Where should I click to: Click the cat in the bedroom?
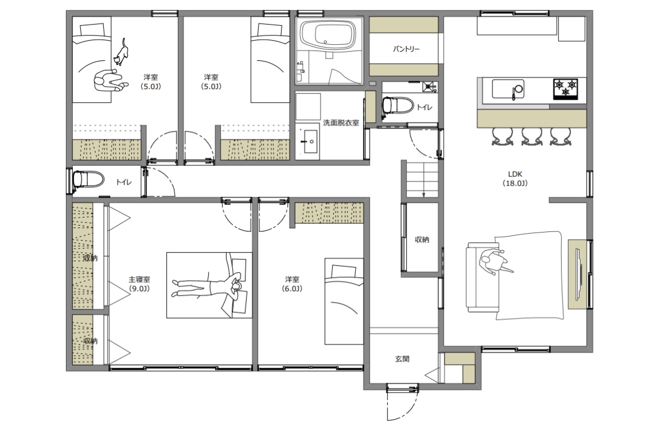click(x=121, y=52)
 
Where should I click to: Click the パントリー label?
click(x=406, y=49)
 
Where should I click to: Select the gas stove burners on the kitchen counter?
click(x=565, y=89)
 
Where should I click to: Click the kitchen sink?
click(x=508, y=89)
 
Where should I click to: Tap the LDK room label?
click(x=515, y=179)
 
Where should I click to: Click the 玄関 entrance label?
click(x=402, y=359)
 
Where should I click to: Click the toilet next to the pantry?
click(x=397, y=105)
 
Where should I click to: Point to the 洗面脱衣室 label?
click(x=341, y=123)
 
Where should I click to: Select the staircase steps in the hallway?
click(x=422, y=180)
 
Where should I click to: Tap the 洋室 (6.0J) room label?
click(x=292, y=284)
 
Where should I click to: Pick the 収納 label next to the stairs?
click(x=422, y=239)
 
